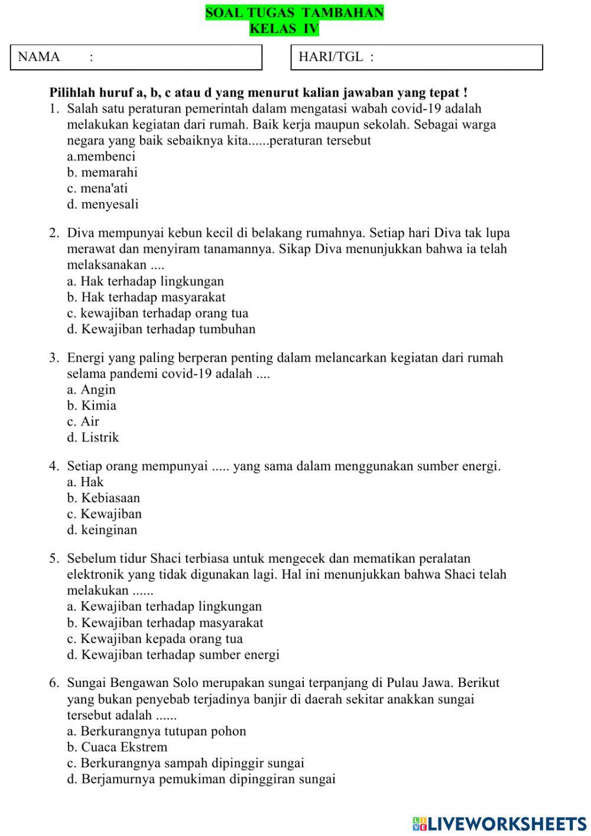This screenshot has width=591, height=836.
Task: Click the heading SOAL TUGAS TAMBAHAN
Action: coord(294,12)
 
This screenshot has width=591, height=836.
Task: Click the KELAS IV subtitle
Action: coord(284,28)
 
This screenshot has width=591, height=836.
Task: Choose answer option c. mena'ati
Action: coord(98,188)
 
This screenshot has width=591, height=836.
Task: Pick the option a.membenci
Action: coord(101,156)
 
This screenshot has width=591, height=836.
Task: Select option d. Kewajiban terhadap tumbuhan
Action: coord(161,329)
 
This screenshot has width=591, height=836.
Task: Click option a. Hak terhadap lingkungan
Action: coord(145,281)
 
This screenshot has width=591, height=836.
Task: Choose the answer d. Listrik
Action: coord(93,437)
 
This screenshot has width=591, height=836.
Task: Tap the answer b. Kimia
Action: coord(92,405)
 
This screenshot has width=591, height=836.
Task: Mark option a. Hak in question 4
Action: coord(85,482)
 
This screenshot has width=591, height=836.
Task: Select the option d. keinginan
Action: coord(102,530)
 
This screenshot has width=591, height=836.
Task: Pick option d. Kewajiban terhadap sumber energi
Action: coord(173,654)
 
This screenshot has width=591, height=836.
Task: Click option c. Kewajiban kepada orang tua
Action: coord(155,638)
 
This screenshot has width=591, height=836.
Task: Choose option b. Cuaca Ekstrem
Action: coord(117,747)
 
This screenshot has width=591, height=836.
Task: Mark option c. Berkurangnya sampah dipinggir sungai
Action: coord(186,763)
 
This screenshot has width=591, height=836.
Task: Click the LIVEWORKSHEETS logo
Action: coord(499,824)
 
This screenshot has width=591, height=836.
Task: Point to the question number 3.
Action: coord(54,357)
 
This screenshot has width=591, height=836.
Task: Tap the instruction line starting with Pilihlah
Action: coord(258,92)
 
